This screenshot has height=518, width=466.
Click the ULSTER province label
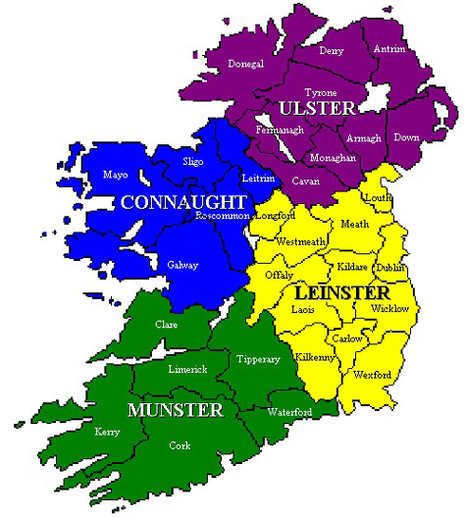(312, 107)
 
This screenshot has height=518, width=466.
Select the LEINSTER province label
(344, 292)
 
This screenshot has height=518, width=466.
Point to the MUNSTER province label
(175, 408)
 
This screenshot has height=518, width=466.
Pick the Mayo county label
(116, 175)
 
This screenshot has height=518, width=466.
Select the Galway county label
(181, 265)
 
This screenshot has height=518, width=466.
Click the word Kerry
(107, 431)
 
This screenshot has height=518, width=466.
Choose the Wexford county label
(373, 375)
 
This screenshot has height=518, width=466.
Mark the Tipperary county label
(258, 360)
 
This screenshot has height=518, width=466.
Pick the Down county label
(406, 137)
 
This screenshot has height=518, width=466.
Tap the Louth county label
(378, 197)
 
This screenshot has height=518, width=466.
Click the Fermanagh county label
(280, 129)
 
